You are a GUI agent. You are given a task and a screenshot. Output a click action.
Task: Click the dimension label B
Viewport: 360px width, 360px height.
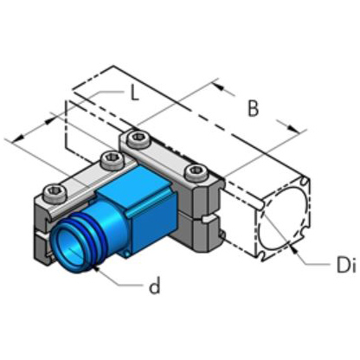coord(253,109)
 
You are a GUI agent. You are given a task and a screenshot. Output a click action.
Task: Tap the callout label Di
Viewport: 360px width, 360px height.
coord(344,267)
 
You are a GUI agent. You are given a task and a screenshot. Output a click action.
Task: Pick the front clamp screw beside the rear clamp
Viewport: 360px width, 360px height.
coord(110,158)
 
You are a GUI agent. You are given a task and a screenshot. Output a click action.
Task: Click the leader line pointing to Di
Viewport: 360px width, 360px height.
coord(310,258)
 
